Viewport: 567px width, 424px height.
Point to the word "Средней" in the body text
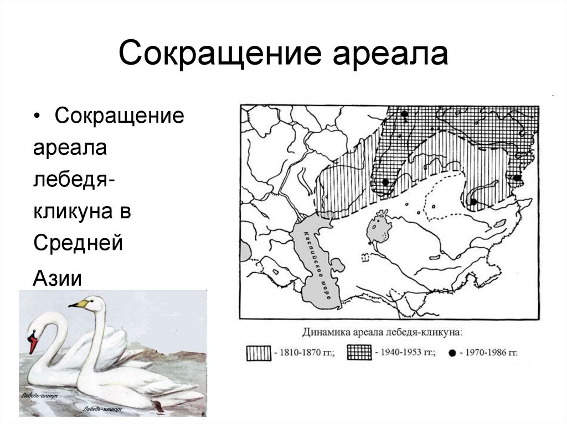(x=78, y=243)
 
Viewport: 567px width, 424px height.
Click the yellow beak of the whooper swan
(x=78, y=303)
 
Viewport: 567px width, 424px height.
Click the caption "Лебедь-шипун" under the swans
(x=39, y=396)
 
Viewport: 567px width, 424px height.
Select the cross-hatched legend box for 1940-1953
(x=360, y=352)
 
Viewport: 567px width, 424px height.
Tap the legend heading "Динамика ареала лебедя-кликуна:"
(x=382, y=333)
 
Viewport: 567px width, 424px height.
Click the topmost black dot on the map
(x=405, y=114)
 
